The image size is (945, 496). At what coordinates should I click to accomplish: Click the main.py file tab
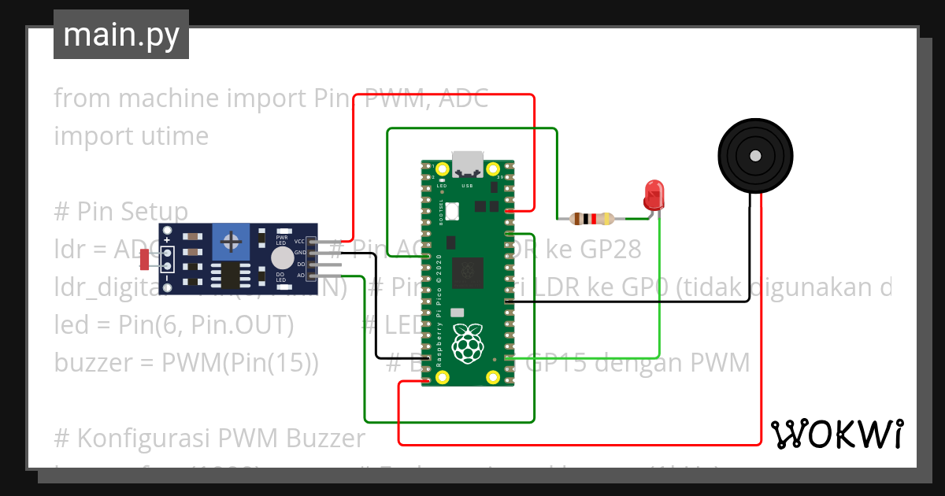point(120,35)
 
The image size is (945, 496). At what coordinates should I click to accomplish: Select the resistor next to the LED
point(591,219)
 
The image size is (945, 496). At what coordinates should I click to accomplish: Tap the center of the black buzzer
point(755,156)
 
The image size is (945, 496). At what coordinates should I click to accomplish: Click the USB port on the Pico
point(469,163)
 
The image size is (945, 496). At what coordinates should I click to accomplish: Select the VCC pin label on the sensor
point(299,242)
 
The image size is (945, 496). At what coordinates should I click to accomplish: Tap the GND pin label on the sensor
point(299,253)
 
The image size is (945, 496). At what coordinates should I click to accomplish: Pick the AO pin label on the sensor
point(300,276)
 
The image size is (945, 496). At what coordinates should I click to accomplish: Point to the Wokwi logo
point(836,434)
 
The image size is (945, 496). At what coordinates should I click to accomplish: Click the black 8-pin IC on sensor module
point(231,276)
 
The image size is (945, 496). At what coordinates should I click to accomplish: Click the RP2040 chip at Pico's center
point(470,271)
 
